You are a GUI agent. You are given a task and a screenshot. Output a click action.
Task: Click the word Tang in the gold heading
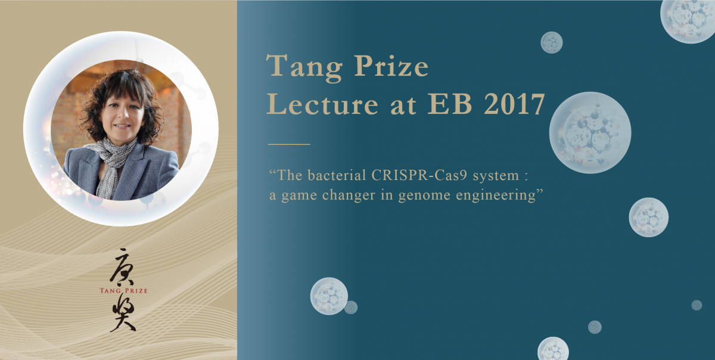[x=304, y=68]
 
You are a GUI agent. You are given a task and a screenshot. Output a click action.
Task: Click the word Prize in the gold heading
[x=391, y=65]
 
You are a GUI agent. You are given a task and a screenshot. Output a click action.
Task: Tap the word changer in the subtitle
[x=349, y=195]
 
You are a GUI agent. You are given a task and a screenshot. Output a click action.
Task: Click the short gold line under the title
[x=289, y=144]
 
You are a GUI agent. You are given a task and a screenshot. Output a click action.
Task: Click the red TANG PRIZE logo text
[x=123, y=291]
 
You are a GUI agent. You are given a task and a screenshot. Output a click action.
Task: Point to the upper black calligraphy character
[x=123, y=267]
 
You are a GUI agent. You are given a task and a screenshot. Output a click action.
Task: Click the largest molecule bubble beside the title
[x=590, y=132]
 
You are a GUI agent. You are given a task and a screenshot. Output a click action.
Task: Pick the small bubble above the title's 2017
[x=551, y=42]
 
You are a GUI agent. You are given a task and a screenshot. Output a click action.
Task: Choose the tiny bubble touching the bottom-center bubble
[x=351, y=308]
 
